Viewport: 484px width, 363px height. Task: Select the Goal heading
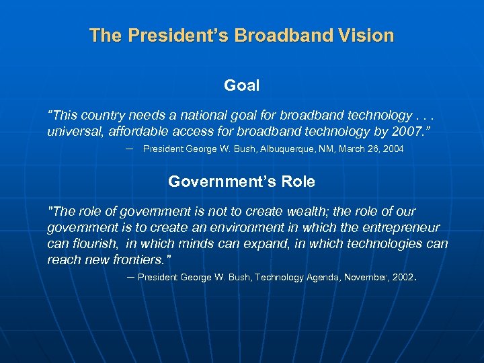pos(241,85)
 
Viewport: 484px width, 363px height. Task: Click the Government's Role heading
pos(241,182)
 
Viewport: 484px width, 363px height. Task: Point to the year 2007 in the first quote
pos(406,131)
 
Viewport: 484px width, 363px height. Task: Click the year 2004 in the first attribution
pos(393,149)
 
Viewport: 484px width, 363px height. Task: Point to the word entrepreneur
pos(401,228)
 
